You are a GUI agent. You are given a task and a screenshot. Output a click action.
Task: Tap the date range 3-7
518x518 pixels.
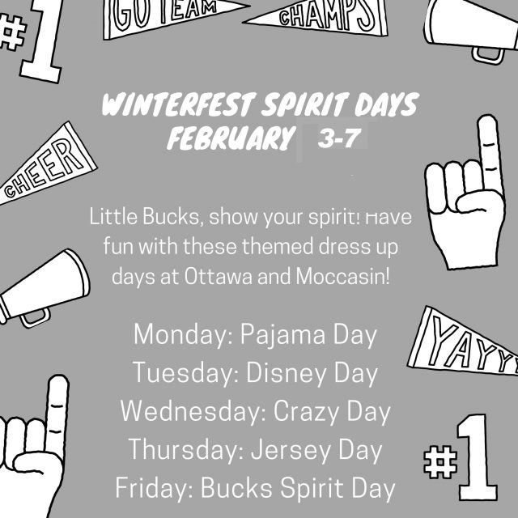pos(339,138)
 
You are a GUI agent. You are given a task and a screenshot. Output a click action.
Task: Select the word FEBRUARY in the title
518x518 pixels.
pos(231,138)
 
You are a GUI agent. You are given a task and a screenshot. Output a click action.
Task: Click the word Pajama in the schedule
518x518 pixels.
pos(282,335)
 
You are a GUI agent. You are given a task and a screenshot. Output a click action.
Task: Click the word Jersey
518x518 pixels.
pos(291,450)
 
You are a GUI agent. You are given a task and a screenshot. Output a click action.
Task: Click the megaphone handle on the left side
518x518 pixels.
pos(35,318)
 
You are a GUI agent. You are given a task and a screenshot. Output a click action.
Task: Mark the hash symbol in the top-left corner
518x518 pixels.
pos(13,32)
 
